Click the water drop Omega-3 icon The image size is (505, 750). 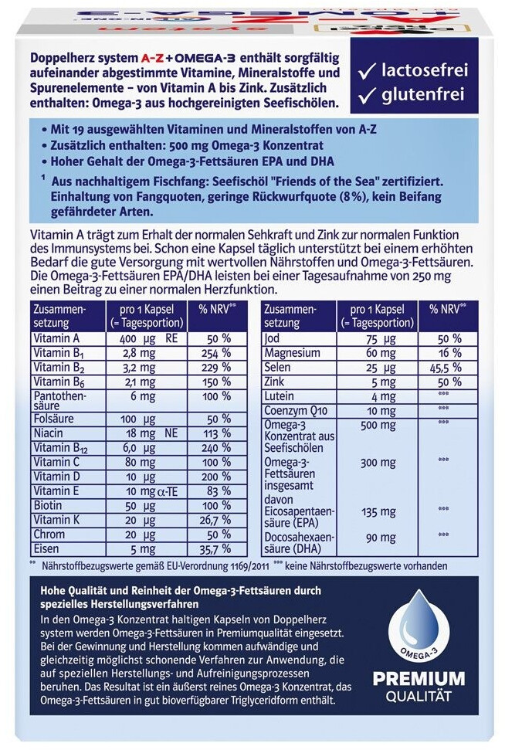click(x=419, y=626)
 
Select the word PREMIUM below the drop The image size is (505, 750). click(x=419, y=679)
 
